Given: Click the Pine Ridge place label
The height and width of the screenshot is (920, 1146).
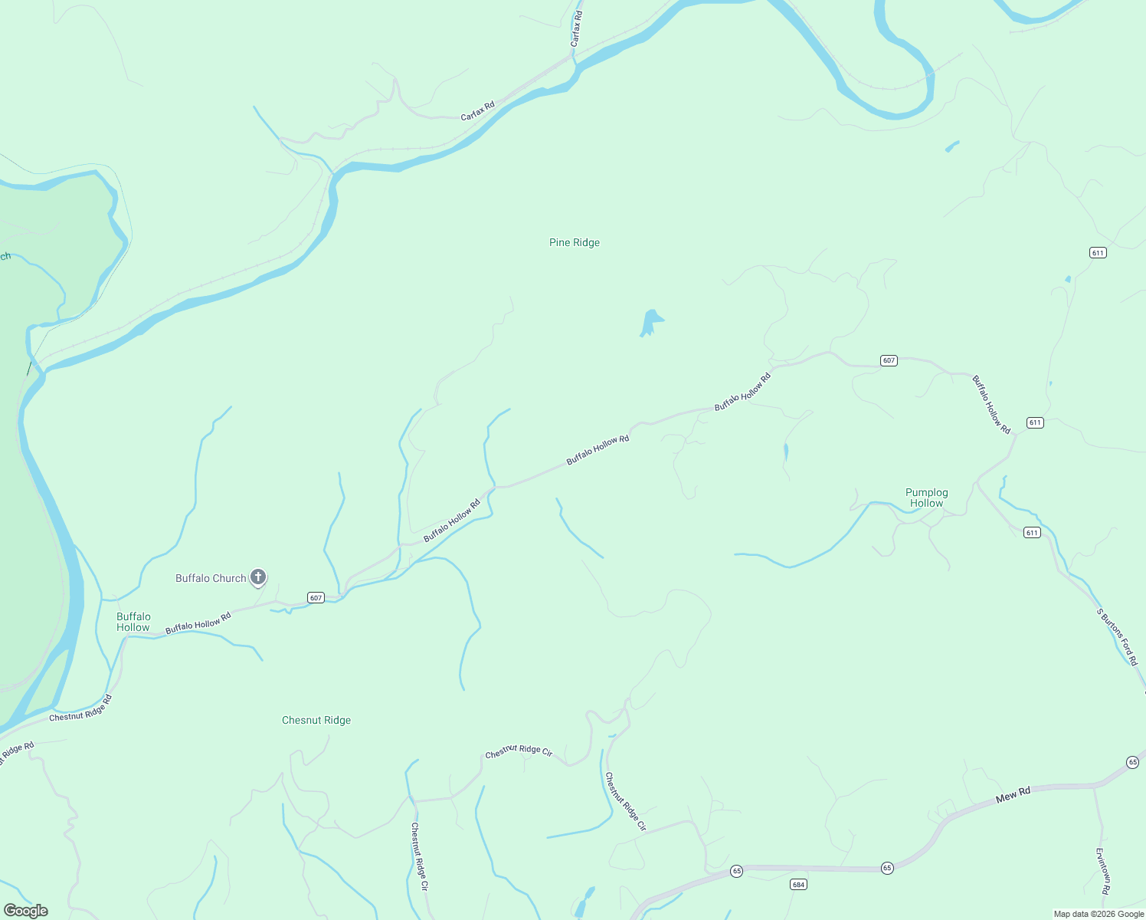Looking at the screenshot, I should click(x=575, y=243).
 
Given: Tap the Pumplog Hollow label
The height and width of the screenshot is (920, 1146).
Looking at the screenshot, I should click(x=926, y=498).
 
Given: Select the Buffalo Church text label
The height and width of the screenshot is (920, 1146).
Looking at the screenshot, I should click(x=211, y=579).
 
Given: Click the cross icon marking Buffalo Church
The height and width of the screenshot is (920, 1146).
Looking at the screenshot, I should click(x=258, y=577).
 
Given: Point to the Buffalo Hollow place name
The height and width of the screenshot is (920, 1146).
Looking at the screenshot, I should click(x=133, y=622).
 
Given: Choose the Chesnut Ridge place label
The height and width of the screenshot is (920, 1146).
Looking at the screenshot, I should click(x=316, y=721).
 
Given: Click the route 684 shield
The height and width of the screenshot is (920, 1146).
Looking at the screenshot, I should click(x=799, y=885).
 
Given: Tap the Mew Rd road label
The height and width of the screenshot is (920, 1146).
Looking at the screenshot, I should click(x=1013, y=796).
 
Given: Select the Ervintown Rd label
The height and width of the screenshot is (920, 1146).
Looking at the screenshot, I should click(x=1102, y=871).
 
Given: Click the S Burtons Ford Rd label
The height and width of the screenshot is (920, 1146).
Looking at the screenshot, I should click(x=1117, y=637).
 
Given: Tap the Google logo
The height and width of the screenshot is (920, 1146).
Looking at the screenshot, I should click(x=26, y=911).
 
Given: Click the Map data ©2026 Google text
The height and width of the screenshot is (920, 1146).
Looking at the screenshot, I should click(x=1099, y=914).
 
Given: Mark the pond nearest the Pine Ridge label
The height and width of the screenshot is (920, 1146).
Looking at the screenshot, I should click(x=650, y=322).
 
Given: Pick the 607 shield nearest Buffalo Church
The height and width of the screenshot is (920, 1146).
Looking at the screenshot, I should click(x=316, y=598).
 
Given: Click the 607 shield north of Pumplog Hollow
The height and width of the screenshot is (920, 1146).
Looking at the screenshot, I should click(x=889, y=360).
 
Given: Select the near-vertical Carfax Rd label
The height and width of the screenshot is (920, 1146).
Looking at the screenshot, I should click(x=576, y=29).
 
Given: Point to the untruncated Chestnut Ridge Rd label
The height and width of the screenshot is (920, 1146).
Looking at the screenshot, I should click(x=80, y=708).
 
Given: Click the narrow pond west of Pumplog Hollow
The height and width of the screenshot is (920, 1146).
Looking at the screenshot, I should click(x=786, y=452).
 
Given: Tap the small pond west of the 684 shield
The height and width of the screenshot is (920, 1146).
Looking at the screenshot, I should click(x=586, y=901).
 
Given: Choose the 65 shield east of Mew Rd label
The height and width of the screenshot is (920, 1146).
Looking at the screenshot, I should click(x=1132, y=762).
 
